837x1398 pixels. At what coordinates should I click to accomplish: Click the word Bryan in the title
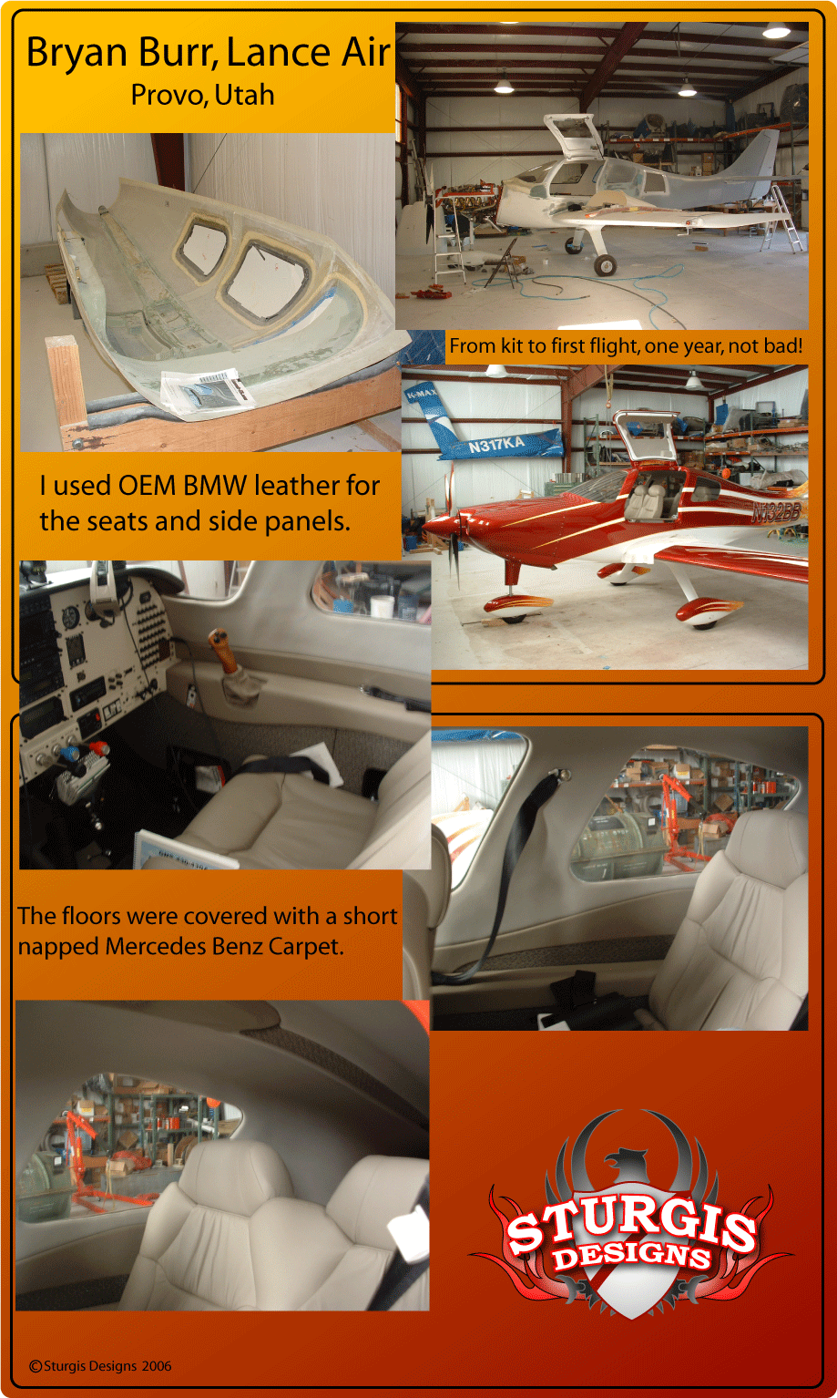coord(77,53)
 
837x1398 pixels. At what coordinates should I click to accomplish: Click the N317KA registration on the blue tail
coord(496,445)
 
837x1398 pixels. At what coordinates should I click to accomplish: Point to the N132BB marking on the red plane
coord(775,512)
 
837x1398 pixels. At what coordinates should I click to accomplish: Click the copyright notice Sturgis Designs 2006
coord(100,1366)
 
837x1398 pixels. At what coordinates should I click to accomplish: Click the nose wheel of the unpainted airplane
coord(605,264)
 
